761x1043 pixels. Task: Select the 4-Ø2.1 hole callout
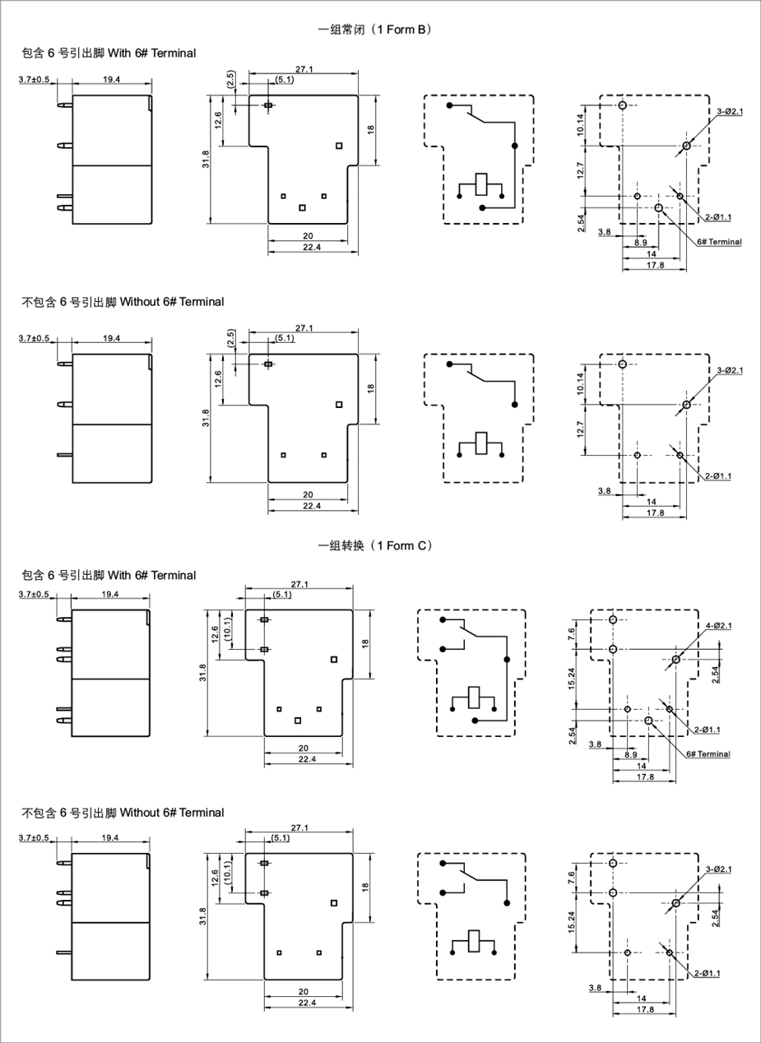click(x=718, y=626)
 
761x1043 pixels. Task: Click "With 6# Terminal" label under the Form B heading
click(x=152, y=53)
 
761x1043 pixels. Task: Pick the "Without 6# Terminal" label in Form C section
click(x=172, y=813)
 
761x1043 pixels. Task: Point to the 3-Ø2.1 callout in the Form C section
click(x=718, y=869)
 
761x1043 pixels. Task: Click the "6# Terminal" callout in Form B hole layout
click(x=719, y=242)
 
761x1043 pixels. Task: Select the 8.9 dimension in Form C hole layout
click(x=630, y=755)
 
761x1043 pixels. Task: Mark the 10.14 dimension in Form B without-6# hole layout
click(x=580, y=383)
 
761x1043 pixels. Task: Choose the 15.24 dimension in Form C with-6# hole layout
click(x=572, y=679)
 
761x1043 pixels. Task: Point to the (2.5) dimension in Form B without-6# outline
click(x=230, y=338)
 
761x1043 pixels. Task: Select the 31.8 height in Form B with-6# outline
click(x=206, y=160)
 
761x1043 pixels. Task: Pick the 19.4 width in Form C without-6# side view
click(x=110, y=837)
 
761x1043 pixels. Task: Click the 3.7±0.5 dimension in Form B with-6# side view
click(x=34, y=80)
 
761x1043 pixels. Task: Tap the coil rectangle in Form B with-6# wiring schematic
click(x=481, y=184)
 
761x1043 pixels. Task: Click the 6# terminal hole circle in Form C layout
click(x=648, y=721)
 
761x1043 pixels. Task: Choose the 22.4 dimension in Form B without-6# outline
click(x=312, y=506)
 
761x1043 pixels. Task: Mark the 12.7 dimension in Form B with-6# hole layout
click(x=580, y=170)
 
